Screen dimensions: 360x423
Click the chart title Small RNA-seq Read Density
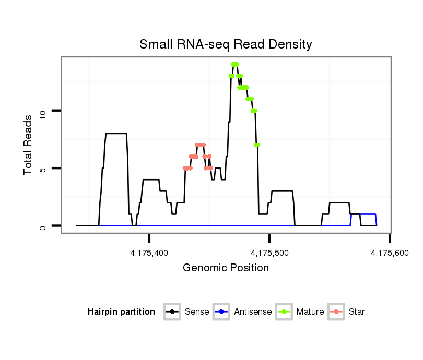coord(226,44)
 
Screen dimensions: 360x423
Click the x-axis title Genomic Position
coord(226,268)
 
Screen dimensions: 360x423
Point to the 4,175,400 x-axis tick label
coord(149,254)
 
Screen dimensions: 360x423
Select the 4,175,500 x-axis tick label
coord(269,254)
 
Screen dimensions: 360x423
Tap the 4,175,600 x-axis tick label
coord(390,254)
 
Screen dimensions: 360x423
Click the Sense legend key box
coord(173,312)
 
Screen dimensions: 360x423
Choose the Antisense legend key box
coord(222,312)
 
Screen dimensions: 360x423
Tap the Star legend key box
coord(337,312)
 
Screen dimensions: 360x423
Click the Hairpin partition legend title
coord(121,312)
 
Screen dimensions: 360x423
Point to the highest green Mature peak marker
coord(235,64)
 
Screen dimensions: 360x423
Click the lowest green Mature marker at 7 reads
coord(257,145)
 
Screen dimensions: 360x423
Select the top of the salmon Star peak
coord(200,145)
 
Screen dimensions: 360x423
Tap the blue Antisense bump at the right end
coord(363,214)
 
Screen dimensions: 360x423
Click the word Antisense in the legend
coord(253,312)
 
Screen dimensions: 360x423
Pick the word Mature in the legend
coord(310,312)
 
